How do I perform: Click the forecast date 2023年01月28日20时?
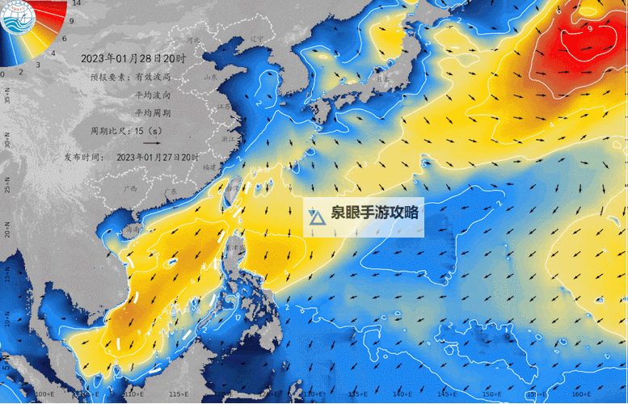click(x=133, y=59)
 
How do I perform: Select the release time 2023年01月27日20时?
click(x=158, y=157)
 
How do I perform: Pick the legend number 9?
click(x=72, y=21)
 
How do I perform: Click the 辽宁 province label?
click(x=257, y=38)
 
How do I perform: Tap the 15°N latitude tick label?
click(x=6, y=276)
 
